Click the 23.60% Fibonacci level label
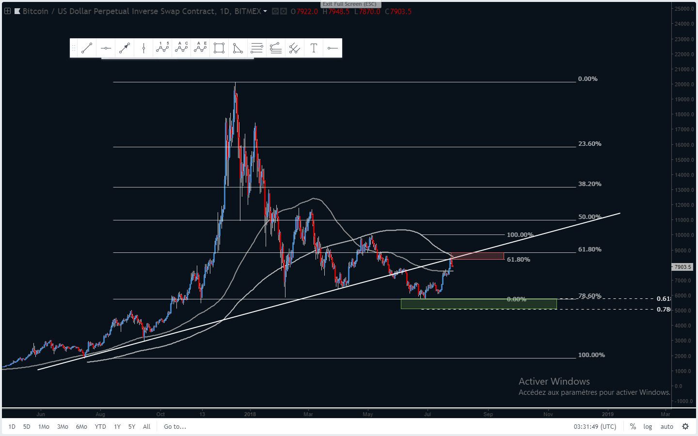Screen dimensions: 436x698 [x=589, y=144]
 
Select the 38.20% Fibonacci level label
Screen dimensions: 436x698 [x=589, y=184]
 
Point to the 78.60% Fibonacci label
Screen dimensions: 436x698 [x=589, y=296]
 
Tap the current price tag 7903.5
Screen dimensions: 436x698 [x=682, y=267]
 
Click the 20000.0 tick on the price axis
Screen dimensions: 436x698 [x=684, y=84]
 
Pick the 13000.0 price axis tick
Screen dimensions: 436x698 [x=684, y=190]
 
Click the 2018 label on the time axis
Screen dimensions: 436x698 [x=250, y=414]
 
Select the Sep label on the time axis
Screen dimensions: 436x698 [x=488, y=414]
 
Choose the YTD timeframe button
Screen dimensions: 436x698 [x=100, y=427]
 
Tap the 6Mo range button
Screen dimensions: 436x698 [x=81, y=427]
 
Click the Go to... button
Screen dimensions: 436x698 [x=175, y=427]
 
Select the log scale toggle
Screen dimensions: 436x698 [x=648, y=427]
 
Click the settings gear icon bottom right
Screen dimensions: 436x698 [x=685, y=427]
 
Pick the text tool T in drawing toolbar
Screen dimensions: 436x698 [x=314, y=48]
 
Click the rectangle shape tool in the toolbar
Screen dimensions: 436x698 [x=219, y=48]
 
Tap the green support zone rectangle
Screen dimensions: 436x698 [x=478, y=304]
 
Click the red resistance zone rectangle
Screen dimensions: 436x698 [x=477, y=256]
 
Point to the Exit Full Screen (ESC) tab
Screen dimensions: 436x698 [x=349, y=4]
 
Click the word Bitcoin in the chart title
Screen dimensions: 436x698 [x=35, y=11]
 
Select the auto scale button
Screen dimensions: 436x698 [x=667, y=427]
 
